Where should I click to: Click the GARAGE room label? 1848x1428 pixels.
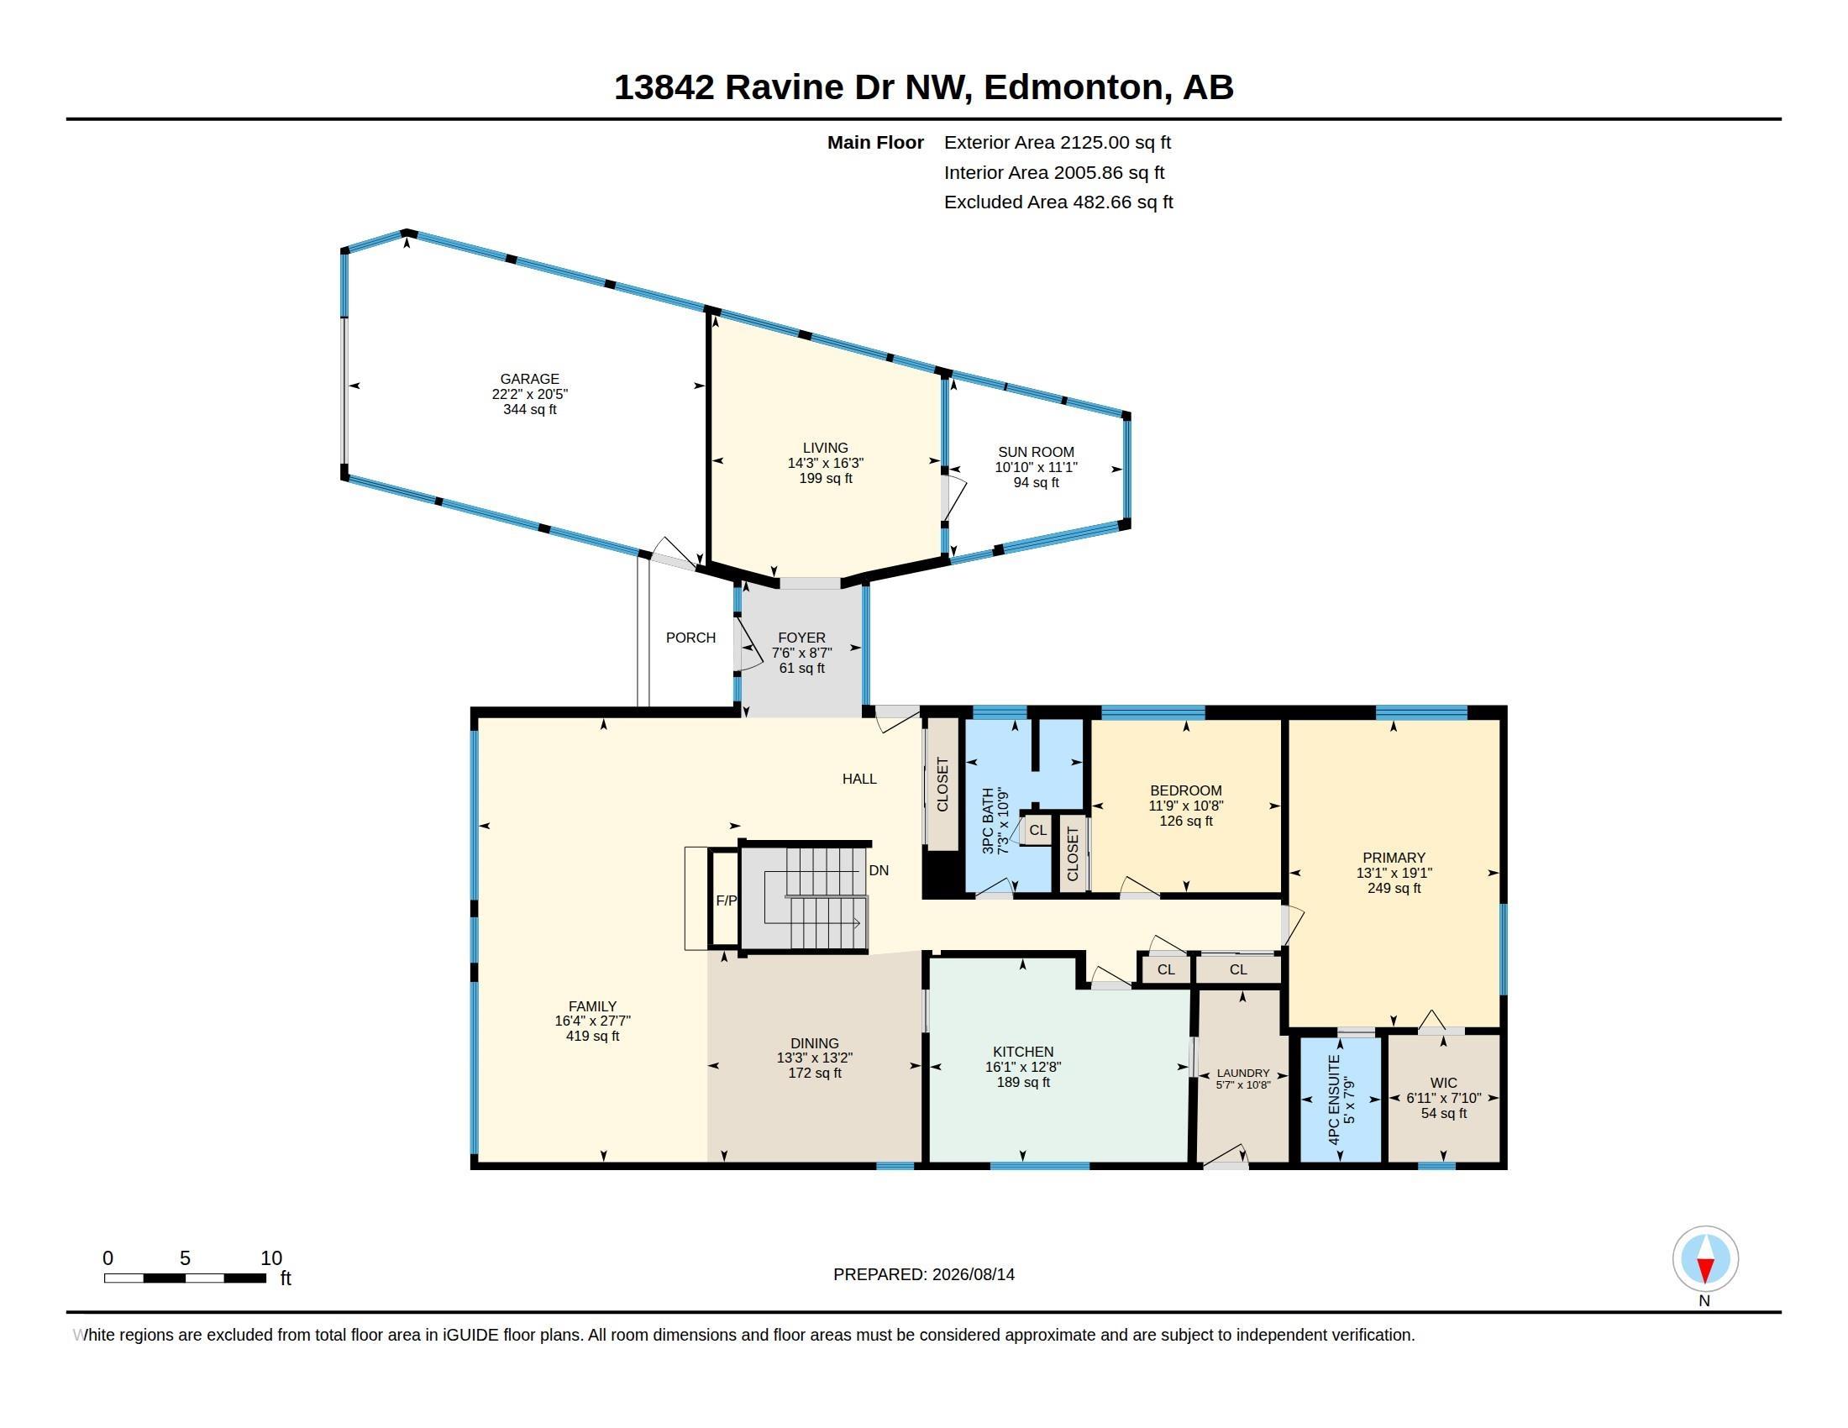[x=530, y=379]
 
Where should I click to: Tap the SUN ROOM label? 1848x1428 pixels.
[x=1036, y=452]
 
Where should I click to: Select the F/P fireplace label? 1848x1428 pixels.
[x=726, y=901]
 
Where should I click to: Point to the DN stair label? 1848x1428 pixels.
[x=879, y=870]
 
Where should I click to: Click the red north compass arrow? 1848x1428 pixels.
[x=1705, y=1269]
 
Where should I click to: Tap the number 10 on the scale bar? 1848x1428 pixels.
[x=270, y=1258]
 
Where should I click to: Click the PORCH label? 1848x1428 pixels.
[x=690, y=638]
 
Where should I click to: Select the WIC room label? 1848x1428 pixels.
[x=1443, y=1083]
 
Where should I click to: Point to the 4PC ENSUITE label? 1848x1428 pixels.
[x=1336, y=1100]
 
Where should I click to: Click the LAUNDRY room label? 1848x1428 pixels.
[x=1243, y=1073]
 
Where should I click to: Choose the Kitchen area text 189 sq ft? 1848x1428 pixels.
[x=1023, y=1082]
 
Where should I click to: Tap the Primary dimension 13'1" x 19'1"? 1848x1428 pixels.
[x=1394, y=873]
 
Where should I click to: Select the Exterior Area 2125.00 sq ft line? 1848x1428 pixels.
[x=1057, y=142]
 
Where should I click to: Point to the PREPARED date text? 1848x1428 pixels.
[x=923, y=1274]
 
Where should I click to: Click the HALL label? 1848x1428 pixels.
[x=858, y=780]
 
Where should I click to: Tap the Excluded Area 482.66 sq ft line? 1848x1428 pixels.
[x=1058, y=202]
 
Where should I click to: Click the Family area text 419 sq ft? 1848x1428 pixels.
[x=592, y=1036]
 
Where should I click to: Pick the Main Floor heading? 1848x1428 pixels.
[x=875, y=142]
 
